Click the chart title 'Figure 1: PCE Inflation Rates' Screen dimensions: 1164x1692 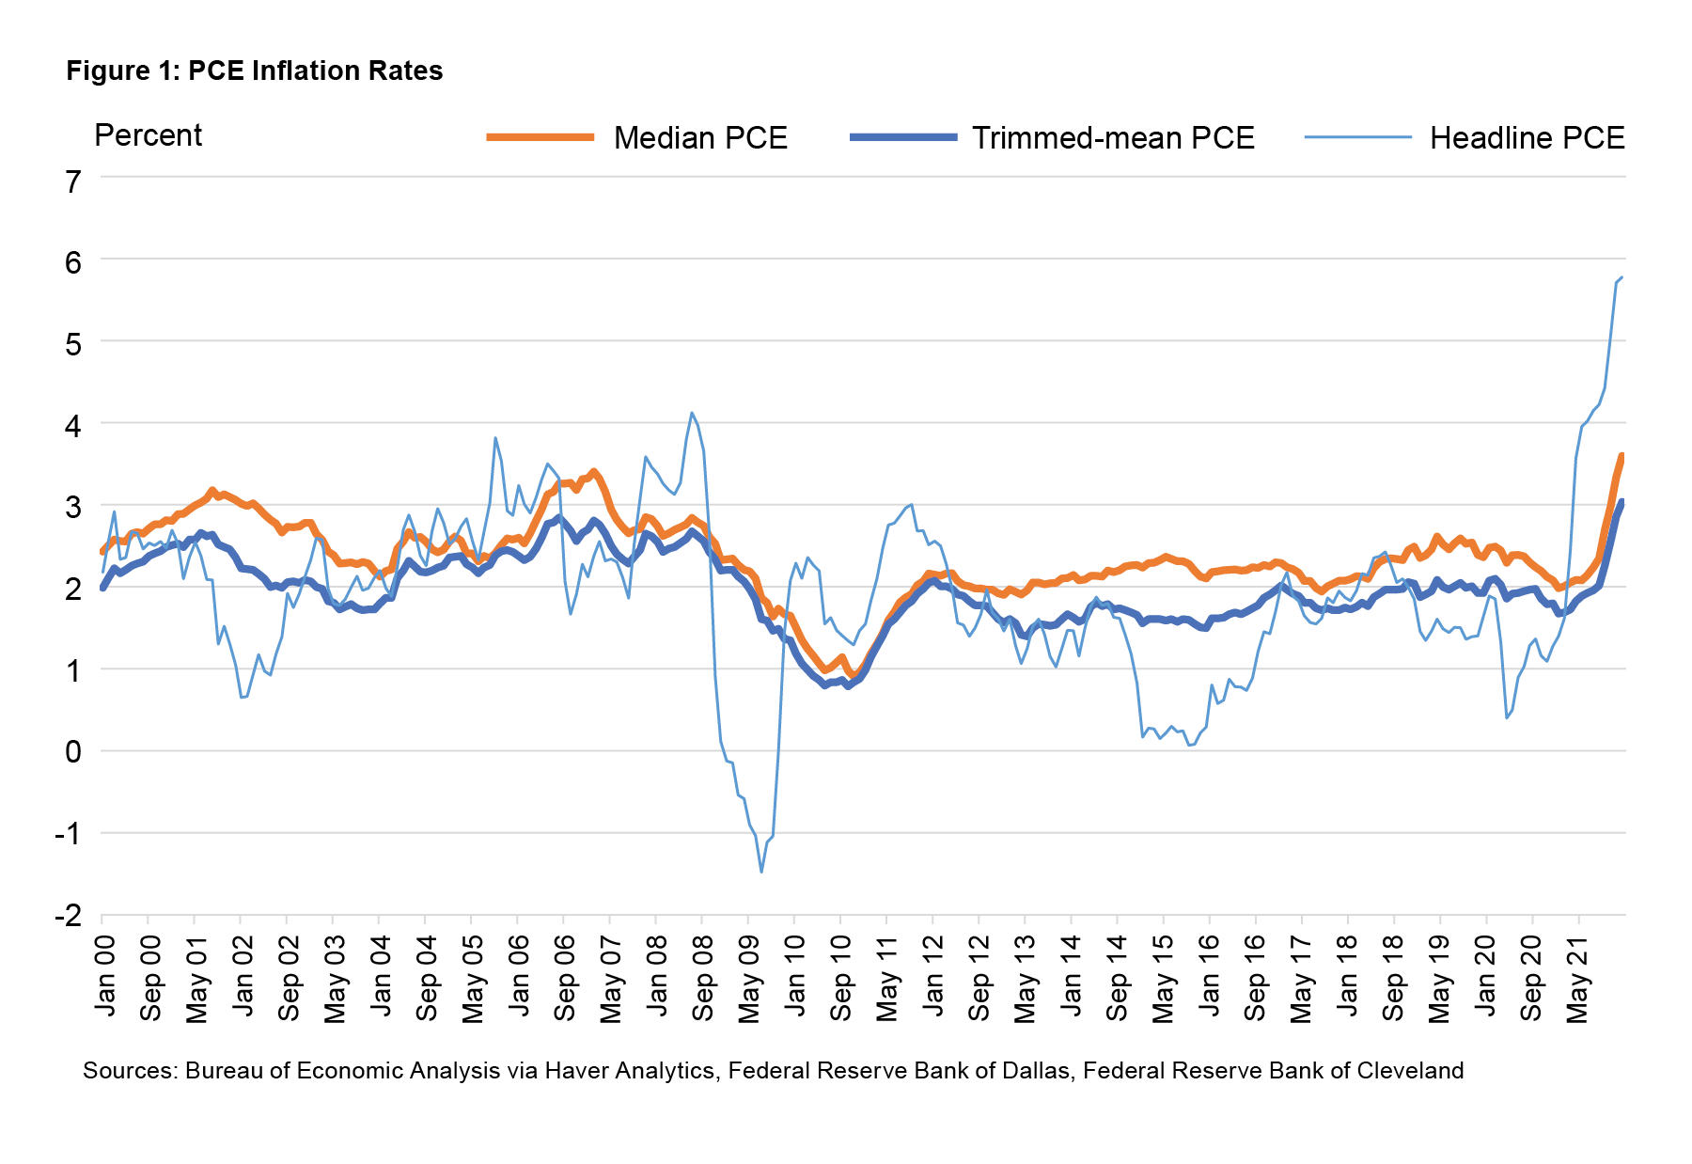(254, 71)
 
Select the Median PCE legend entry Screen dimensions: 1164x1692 (699, 138)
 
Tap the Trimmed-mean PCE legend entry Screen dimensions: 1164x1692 (1113, 138)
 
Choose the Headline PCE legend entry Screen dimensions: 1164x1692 (1527, 138)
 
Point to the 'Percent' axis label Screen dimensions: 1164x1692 (148, 135)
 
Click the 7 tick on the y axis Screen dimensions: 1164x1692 (73, 181)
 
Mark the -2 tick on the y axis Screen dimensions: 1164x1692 (68, 916)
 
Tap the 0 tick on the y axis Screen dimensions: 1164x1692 (73, 752)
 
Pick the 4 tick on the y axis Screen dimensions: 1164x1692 (73, 425)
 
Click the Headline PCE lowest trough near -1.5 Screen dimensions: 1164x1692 (760, 873)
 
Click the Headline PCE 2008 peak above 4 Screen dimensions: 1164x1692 (692, 413)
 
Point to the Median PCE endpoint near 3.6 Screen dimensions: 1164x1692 (1621, 455)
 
